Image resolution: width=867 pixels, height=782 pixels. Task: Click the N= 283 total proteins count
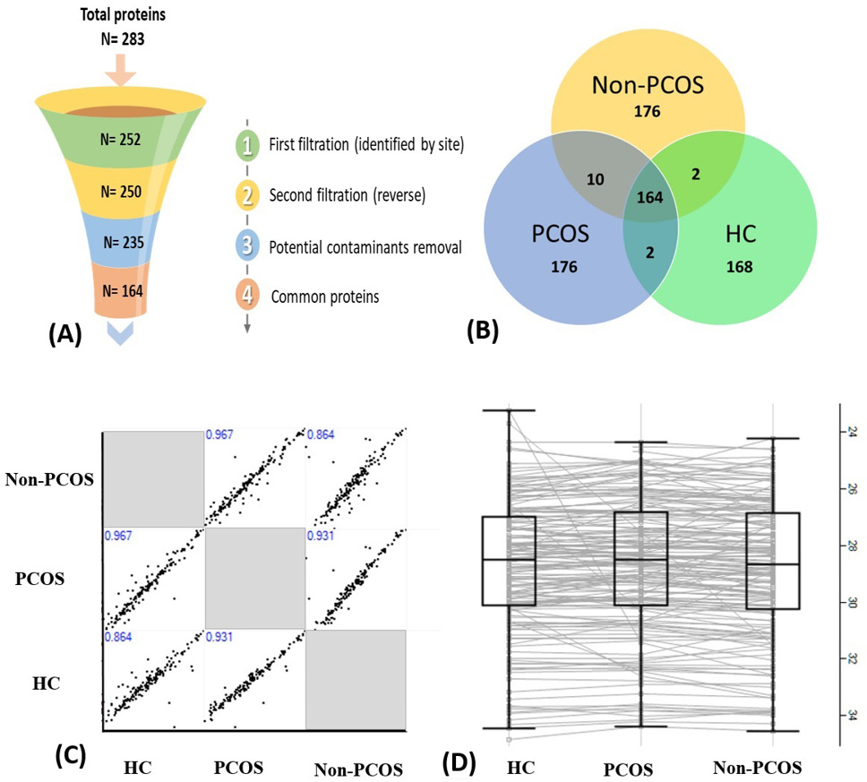pos(123,39)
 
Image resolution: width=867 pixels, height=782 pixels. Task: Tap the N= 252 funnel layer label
pos(121,139)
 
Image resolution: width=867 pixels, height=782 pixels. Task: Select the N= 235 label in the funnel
pos(124,242)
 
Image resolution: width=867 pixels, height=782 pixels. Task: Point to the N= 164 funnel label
pos(122,290)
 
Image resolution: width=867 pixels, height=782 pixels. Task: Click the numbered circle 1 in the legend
pos(247,145)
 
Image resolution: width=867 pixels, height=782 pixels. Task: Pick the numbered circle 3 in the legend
pos(247,246)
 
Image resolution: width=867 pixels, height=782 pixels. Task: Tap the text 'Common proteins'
pos(325,297)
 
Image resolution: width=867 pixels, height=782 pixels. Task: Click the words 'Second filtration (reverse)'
pos(348,195)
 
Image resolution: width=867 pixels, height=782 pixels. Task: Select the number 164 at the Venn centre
pos(649,197)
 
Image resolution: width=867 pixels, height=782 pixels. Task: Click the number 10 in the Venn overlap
pos(595,179)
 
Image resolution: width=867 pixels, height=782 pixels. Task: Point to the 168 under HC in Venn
pos(739,267)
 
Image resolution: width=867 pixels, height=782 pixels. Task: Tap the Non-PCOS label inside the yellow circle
pos(648,85)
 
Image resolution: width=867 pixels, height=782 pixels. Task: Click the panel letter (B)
pos(483,331)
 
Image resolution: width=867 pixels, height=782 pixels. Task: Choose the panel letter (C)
pos(71,756)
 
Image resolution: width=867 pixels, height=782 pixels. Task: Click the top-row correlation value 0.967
pos(219,434)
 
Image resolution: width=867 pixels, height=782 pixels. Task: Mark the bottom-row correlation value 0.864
pos(118,637)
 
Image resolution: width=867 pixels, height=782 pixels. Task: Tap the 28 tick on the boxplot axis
pos(852,546)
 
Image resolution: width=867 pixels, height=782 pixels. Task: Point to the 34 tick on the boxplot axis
pos(852,716)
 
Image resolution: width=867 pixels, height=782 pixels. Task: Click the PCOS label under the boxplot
pos(628,769)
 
